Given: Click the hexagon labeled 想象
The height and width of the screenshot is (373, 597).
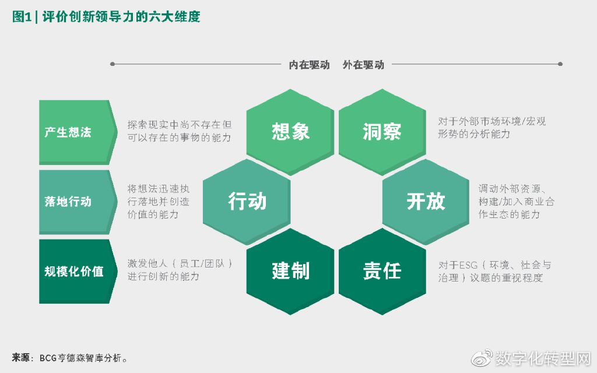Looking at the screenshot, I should click(290, 132).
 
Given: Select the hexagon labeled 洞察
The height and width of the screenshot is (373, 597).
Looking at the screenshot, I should click(382, 132).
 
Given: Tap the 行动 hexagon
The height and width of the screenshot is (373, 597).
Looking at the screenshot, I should click(247, 202).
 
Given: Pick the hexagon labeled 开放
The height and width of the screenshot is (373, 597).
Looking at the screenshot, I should click(426, 202).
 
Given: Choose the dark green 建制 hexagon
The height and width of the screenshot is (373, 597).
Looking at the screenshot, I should click(290, 271).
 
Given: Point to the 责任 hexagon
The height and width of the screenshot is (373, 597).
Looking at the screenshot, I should click(382, 271).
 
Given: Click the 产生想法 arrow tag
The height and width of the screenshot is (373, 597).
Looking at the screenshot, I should click(73, 132).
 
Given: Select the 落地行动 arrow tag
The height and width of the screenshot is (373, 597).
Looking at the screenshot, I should click(73, 202).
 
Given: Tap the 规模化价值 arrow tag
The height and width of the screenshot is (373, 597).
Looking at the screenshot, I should click(73, 271).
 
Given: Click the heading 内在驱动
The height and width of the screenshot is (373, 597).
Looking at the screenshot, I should click(310, 65).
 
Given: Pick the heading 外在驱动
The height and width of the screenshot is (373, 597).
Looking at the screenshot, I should click(363, 65).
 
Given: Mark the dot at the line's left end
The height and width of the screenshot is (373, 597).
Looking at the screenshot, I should click(113, 64).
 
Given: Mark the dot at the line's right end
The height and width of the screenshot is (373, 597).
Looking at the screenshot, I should click(560, 64).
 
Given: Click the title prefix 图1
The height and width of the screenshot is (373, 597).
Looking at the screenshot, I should click(22, 17).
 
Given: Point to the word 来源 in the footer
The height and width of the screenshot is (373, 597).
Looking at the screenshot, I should click(20, 357).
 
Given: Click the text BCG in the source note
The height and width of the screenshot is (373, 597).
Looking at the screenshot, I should click(48, 358).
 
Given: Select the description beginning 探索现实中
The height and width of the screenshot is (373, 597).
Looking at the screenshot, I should click(180, 131).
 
